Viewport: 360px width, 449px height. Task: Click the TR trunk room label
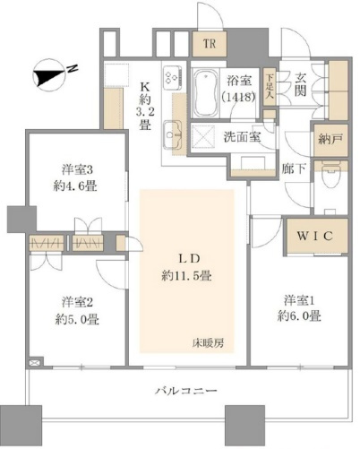click(x=210, y=44)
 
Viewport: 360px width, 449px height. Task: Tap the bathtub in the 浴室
click(x=205, y=93)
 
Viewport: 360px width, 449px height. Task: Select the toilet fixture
click(x=330, y=176)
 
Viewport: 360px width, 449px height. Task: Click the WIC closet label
click(x=314, y=236)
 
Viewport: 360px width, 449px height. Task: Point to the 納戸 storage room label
click(x=330, y=140)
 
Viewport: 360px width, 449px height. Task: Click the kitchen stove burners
click(x=173, y=78)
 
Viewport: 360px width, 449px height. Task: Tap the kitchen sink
click(x=173, y=134)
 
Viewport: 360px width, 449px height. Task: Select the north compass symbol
click(x=53, y=73)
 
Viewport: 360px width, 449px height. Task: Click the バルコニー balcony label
click(x=186, y=391)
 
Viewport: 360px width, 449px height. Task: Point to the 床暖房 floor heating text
click(x=208, y=343)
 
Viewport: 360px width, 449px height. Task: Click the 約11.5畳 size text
click(x=186, y=276)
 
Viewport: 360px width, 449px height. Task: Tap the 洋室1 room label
click(x=299, y=300)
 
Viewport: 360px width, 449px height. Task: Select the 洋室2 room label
click(x=77, y=302)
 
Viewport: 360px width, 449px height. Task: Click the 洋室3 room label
click(x=77, y=170)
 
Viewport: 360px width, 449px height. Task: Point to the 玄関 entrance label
click(x=301, y=84)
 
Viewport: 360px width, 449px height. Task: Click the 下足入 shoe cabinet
click(x=270, y=86)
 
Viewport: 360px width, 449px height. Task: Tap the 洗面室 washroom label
click(x=242, y=137)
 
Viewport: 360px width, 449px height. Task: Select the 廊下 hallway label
click(x=294, y=169)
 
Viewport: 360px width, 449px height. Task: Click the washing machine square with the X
click(x=203, y=136)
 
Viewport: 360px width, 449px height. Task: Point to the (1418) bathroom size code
click(x=238, y=97)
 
